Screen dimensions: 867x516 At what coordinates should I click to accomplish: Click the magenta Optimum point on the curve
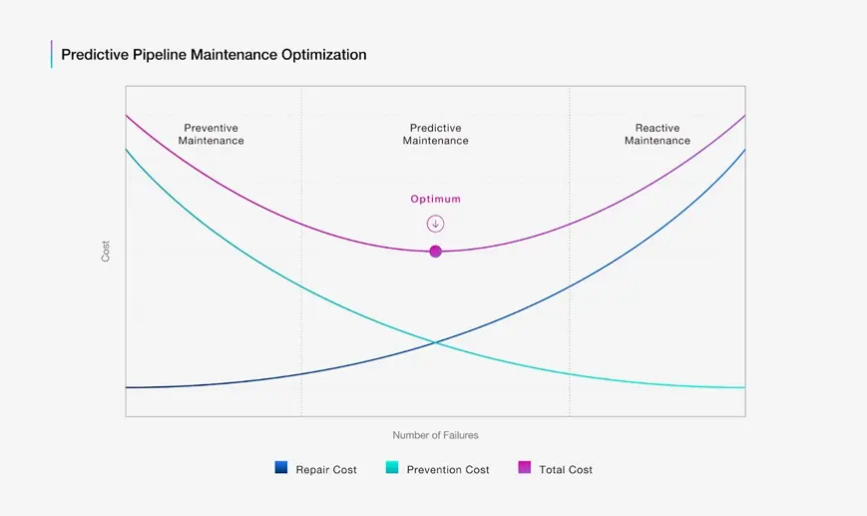436,252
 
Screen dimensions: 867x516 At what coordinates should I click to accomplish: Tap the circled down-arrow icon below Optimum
436,224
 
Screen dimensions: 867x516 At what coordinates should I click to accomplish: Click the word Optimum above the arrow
436,199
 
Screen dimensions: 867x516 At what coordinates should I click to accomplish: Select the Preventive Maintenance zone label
212,135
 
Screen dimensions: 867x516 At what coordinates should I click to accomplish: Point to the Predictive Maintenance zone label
436,135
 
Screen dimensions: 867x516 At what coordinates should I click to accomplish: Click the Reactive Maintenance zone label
657,135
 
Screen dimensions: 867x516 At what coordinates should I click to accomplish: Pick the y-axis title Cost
106,252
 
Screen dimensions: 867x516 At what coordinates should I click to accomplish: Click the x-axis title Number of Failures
436,435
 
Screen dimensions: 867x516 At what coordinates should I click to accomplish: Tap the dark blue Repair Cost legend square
281,467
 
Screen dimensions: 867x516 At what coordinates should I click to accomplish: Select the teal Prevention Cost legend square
392,467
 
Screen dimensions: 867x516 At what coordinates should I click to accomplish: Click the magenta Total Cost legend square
524,467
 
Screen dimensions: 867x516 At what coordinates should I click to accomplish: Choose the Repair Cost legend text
326,469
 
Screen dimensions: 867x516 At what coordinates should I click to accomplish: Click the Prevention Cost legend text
448,469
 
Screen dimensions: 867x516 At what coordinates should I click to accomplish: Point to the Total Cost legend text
566,469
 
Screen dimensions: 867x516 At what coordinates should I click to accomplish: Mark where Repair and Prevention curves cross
436,343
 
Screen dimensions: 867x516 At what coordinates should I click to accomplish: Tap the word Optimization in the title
324,55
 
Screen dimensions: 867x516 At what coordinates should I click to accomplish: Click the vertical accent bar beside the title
52,54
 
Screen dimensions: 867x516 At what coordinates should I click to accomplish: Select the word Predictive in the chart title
95,55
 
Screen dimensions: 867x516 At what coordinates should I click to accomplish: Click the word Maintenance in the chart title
233,55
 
